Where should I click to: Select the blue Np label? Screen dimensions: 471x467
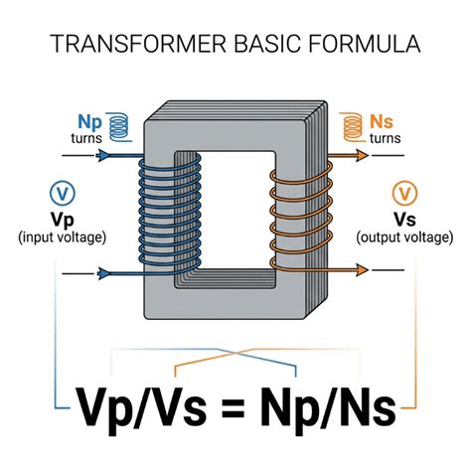pyautogui.click(x=89, y=122)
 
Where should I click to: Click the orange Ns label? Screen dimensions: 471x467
pyautogui.click(x=382, y=121)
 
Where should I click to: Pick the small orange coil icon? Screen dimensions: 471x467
pyautogui.click(x=353, y=127)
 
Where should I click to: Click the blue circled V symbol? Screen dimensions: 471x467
pyautogui.click(x=63, y=193)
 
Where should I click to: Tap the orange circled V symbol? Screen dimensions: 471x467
pyautogui.click(x=404, y=193)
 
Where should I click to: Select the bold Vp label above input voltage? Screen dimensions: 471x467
pyautogui.click(x=63, y=220)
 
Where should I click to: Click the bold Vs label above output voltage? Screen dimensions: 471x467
pyautogui.click(x=404, y=219)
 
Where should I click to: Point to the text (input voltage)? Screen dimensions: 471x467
pyautogui.click(x=63, y=237)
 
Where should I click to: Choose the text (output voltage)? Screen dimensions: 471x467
pyautogui.click(x=404, y=237)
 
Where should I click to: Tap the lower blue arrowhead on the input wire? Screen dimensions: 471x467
pyautogui.click(x=103, y=273)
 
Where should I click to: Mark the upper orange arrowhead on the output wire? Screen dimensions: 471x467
pyautogui.click(x=362, y=155)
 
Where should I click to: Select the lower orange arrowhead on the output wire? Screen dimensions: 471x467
pyautogui.click(x=362, y=270)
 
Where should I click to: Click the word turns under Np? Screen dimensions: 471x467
pyautogui.click(x=86, y=138)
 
